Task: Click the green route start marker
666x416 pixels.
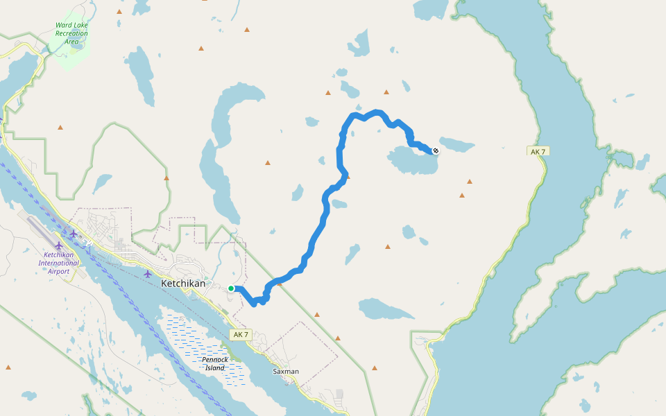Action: coord(231,288)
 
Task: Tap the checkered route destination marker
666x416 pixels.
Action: coord(436,150)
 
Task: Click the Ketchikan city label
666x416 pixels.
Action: coord(183,284)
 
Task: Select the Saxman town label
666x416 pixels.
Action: coord(286,372)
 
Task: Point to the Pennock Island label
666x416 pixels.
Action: coord(215,363)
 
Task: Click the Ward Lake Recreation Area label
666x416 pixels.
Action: coord(71,33)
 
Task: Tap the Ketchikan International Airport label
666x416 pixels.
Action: coord(59,263)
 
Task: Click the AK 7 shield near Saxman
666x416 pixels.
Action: coord(240,335)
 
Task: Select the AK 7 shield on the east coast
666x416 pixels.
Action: coord(538,151)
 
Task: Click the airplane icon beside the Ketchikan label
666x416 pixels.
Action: coord(148,274)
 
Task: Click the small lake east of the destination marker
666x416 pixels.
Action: coord(457,145)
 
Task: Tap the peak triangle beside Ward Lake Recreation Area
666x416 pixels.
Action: coord(119,12)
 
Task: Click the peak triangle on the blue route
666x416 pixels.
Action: coord(280,282)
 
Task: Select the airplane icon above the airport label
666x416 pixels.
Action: coord(59,245)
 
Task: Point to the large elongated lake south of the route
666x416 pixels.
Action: coord(385,309)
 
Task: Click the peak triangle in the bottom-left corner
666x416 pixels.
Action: coord(8,367)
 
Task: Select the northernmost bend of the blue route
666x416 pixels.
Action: coord(377,112)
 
